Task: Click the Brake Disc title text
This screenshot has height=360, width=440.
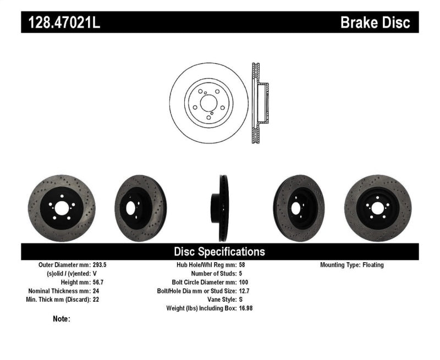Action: point(375,23)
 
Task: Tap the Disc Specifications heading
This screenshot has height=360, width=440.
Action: point(219,252)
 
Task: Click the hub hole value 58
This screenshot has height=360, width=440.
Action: point(243,265)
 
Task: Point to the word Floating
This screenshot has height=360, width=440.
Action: point(373,265)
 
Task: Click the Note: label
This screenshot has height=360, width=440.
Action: point(62,319)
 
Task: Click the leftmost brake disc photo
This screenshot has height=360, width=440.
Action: point(61,208)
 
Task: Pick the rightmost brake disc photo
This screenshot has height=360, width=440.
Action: point(378,208)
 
